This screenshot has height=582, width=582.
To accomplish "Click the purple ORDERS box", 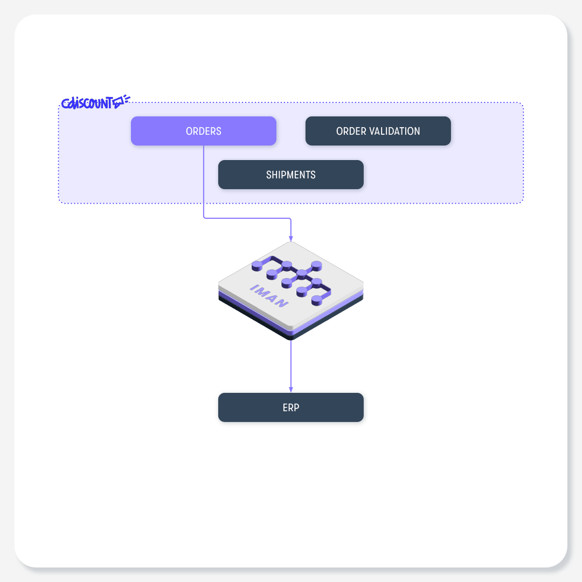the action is point(203,131).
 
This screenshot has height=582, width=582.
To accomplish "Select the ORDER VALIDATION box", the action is point(378,131).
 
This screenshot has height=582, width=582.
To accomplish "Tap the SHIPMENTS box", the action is point(290,175).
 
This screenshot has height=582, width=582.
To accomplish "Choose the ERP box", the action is point(290,407).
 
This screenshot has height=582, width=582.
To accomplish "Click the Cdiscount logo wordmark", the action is point(87,103).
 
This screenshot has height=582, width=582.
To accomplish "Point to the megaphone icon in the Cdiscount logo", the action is point(121,101).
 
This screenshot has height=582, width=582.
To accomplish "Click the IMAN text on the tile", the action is point(269,296).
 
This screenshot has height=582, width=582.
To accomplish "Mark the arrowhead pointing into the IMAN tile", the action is point(290,238).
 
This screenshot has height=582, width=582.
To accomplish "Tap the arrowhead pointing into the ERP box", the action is point(290,390).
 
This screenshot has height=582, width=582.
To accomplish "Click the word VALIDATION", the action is point(396,131).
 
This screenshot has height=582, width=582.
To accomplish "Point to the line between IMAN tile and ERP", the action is point(290,366).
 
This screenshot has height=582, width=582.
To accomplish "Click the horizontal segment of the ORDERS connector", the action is point(247,218).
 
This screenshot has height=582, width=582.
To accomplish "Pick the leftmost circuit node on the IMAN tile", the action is point(257,266).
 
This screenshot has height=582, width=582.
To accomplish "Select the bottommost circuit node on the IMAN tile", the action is point(317,300).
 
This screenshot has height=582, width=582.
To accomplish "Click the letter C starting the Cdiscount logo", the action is point(65,103).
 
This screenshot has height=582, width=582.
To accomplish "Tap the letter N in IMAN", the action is point(281,303).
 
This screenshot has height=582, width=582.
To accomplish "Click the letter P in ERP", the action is point(296,407).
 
